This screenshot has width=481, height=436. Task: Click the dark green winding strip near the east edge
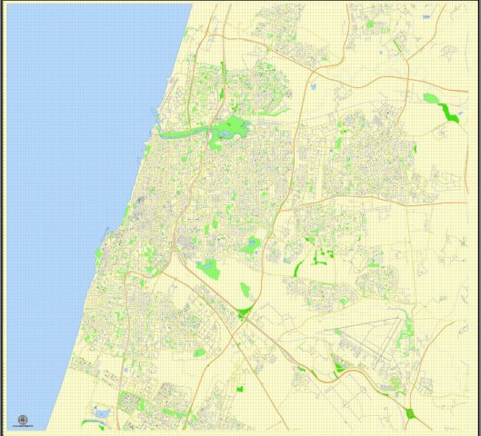(x=447, y=112)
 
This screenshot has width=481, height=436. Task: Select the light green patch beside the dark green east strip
(x=430, y=97)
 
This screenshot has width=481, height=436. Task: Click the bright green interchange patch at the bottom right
(x=410, y=413)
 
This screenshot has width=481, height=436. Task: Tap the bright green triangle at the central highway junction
(x=243, y=314)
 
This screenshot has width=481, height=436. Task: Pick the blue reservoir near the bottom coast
(x=102, y=414)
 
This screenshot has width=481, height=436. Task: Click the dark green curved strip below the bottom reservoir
(x=92, y=422)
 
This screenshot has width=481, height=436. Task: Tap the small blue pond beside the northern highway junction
(x=312, y=88)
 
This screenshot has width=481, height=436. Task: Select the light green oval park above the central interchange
(x=246, y=290)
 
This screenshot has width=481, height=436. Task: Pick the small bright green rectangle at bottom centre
(x=240, y=389)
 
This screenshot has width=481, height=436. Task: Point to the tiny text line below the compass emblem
(x=23, y=428)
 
